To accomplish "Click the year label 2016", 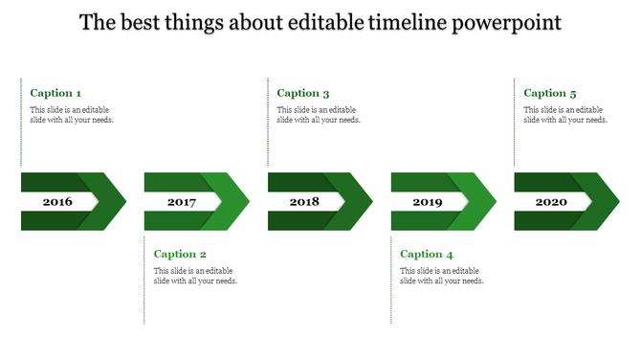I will tap(57, 202).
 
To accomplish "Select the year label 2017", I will tap(181, 202).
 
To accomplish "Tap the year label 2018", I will tap(304, 202).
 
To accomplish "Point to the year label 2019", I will tap(428, 202).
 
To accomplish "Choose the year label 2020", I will tap(551, 202).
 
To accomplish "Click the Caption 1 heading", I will tap(55, 93).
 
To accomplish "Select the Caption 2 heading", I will tap(180, 254).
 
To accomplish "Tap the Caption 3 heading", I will tap(303, 93).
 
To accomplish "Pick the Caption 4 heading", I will tap(427, 254).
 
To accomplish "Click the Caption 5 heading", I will tap(550, 93).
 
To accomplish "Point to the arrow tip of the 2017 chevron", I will tap(244, 202).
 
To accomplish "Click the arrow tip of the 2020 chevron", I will tap(614, 202).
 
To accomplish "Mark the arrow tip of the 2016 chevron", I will tap(121, 202).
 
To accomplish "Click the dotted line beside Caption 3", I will tap(268, 123).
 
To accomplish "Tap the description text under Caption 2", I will tap(195, 276).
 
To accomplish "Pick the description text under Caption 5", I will tap(565, 115).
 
